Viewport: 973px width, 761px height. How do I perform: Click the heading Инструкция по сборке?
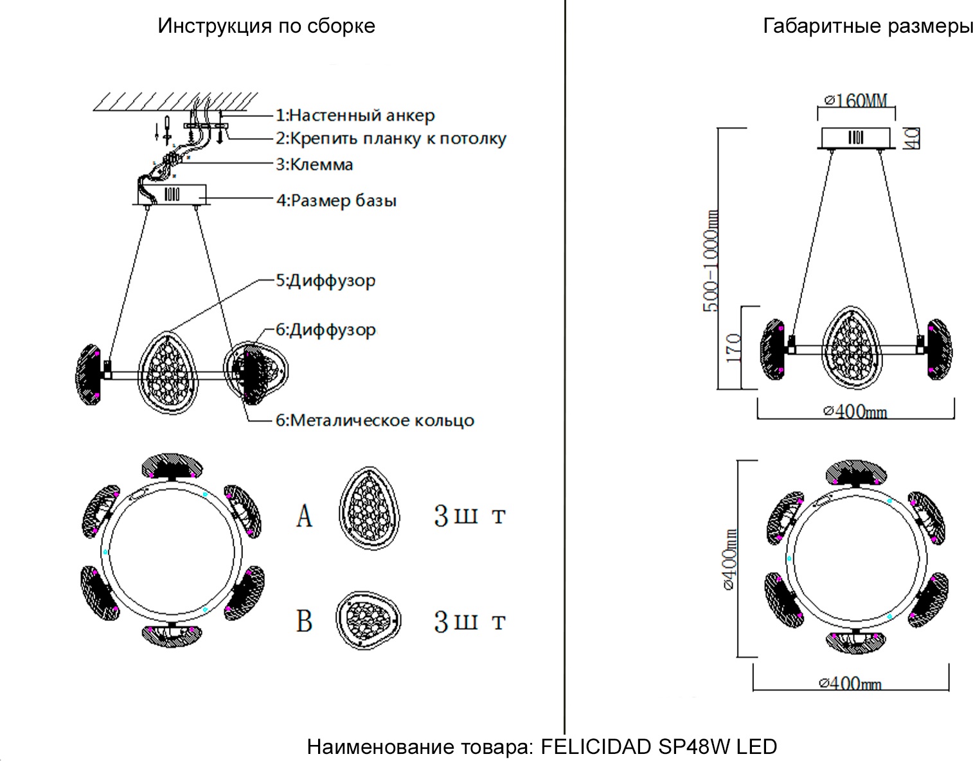[x=266, y=26]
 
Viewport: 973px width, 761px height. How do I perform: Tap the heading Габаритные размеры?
[x=868, y=26]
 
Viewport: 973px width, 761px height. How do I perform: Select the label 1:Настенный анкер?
[x=355, y=116]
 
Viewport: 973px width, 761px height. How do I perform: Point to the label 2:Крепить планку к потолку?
[x=391, y=139]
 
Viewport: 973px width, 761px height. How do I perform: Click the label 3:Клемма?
[x=315, y=164]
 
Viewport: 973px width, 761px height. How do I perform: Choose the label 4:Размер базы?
[x=337, y=200]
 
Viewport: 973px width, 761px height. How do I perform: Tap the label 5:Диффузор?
[x=326, y=281]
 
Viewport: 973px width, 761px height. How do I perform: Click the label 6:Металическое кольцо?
[x=375, y=421]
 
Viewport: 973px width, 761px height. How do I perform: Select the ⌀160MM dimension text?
[x=855, y=101]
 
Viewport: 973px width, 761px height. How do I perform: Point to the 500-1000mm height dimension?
[x=711, y=261]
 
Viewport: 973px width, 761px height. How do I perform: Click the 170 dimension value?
[x=733, y=347]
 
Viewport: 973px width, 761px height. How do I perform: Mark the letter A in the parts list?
[x=304, y=515]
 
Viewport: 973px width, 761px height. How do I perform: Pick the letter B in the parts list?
[x=304, y=621]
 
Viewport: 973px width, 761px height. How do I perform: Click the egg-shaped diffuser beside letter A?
[x=369, y=509]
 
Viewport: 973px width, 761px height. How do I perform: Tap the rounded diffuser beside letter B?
[x=368, y=620]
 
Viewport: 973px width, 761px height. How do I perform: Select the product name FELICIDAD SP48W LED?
[x=659, y=747]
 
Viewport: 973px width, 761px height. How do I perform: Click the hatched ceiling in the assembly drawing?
[x=175, y=101]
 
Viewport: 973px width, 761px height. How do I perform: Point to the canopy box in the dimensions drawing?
[x=856, y=137]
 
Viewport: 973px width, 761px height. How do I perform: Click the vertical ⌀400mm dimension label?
[x=730, y=559]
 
